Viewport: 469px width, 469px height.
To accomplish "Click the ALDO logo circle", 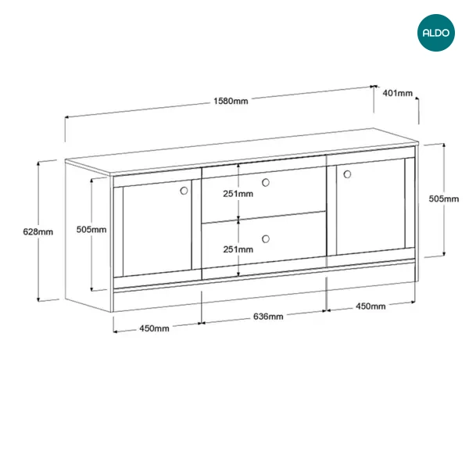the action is [436, 33].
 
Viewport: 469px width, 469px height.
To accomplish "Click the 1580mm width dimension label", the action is [231, 101].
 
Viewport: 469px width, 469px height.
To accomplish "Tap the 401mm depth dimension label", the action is [398, 93].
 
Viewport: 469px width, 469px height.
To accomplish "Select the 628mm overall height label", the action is [38, 231].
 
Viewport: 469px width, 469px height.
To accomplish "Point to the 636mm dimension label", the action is [268, 316].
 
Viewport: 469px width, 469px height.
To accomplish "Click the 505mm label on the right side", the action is [443, 199].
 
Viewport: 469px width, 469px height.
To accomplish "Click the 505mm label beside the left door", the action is [91, 229].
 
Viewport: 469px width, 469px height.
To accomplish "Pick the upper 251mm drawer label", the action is [238, 194].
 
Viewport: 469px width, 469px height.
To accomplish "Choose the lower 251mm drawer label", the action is [238, 249].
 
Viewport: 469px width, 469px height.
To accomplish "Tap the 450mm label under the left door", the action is [154, 328].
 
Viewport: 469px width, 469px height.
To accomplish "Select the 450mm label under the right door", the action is [371, 306].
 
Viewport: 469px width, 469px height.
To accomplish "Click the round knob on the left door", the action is [184, 191].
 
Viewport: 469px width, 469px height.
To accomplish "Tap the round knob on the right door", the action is [347, 174].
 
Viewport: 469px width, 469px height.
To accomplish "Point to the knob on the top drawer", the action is [266, 182].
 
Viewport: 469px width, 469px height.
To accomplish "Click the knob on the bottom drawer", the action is [266, 238].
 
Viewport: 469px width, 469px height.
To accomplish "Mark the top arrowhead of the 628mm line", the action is [38, 163].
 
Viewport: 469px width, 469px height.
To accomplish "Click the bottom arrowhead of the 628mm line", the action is [38, 300].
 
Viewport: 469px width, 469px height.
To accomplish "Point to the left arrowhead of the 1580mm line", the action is [67, 117].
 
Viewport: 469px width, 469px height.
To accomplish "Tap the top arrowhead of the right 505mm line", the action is [444, 145].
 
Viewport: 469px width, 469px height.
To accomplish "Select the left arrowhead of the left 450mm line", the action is [116, 331].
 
